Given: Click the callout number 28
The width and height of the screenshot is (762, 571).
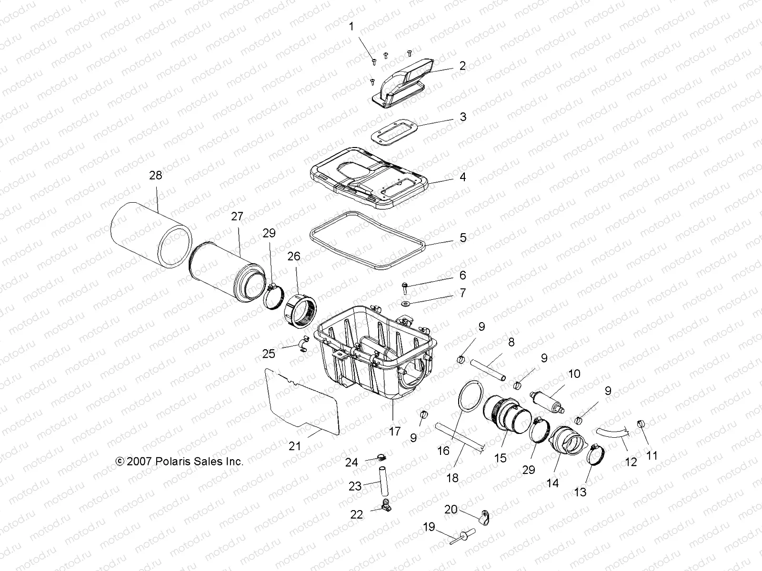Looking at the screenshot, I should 155,175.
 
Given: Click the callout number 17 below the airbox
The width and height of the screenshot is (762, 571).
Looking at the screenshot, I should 395,432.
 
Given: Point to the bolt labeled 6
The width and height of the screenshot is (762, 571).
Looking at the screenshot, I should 404,286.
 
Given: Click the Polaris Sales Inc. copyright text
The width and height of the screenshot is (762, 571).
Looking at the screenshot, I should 180,461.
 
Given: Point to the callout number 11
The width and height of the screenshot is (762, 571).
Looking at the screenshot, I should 652,455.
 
